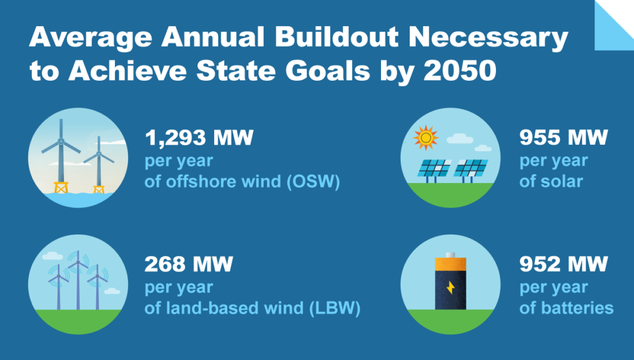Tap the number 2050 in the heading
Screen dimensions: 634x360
tap(459, 71)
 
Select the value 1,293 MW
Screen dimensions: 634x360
tap(199, 138)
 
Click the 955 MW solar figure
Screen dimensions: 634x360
tap(563, 138)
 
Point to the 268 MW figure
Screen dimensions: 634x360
tap(188, 264)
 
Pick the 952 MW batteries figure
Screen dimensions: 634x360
tap(563, 264)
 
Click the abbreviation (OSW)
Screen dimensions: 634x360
tap(313, 181)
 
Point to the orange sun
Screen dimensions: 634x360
tap(426, 138)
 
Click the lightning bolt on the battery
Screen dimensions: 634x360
tap(450, 288)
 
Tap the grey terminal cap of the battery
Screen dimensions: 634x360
tap(450, 255)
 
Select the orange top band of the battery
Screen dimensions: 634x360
tap(450, 264)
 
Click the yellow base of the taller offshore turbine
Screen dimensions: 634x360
tap(61, 188)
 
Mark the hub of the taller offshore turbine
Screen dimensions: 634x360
tap(60, 141)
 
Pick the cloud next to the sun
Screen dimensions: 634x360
tap(459, 139)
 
